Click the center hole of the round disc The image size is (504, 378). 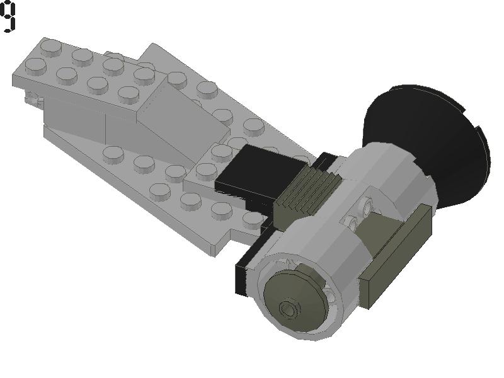click(x=290, y=309)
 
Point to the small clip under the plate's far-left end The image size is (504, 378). click(x=30, y=98)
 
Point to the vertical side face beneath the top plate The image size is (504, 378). click(x=76, y=120)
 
